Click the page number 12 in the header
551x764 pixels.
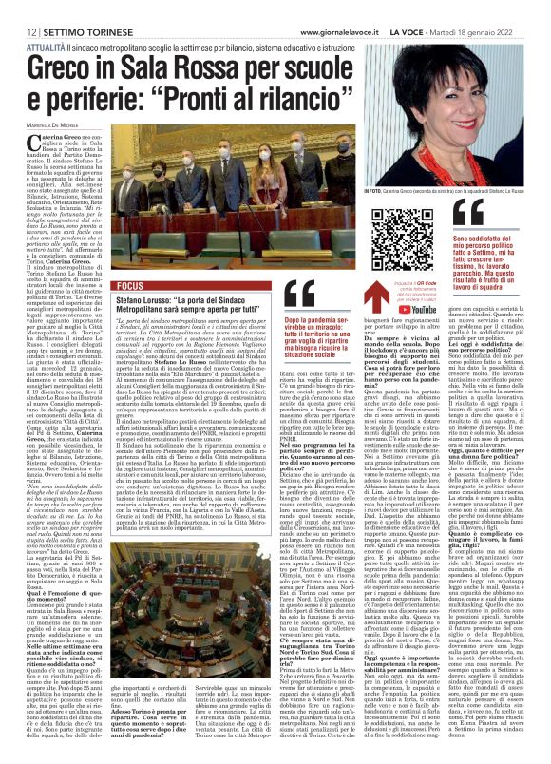[x=18, y=7]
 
